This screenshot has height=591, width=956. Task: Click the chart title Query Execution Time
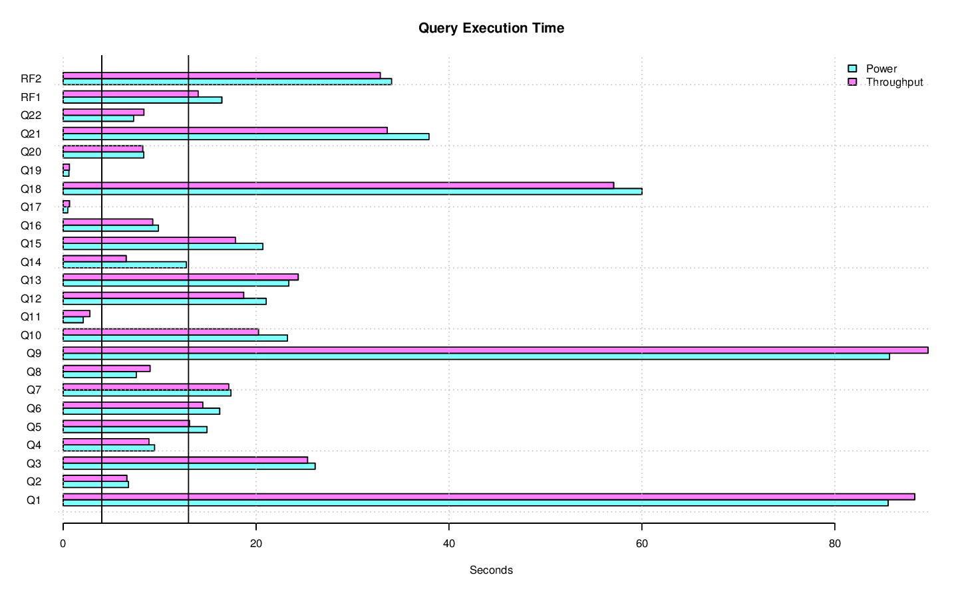pyautogui.click(x=491, y=28)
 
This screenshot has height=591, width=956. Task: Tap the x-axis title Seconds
pyautogui.click(x=491, y=570)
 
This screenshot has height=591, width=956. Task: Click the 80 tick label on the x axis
pyautogui.click(x=834, y=543)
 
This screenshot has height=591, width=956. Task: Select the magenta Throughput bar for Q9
pyautogui.click(x=495, y=350)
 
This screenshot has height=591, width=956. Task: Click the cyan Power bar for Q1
pyautogui.click(x=475, y=503)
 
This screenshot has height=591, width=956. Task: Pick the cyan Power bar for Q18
pyautogui.click(x=352, y=191)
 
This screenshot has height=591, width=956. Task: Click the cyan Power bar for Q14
pyautogui.click(x=124, y=265)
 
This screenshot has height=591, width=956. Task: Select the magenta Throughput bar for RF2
pyautogui.click(x=222, y=76)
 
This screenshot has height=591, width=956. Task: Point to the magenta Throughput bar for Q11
pyautogui.click(x=76, y=314)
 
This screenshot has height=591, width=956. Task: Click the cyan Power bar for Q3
pyautogui.click(x=189, y=466)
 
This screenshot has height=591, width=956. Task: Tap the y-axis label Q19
pyautogui.click(x=31, y=170)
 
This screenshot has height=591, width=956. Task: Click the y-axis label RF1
pyautogui.click(x=31, y=97)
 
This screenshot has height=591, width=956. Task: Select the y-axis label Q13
pyautogui.click(x=31, y=280)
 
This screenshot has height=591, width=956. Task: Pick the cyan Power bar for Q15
pyautogui.click(x=162, y=247)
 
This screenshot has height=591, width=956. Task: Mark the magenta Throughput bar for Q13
pyautogui.click(x=180, y=277)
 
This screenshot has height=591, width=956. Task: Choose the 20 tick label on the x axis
pyautogui.click(x=256, y=543)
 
